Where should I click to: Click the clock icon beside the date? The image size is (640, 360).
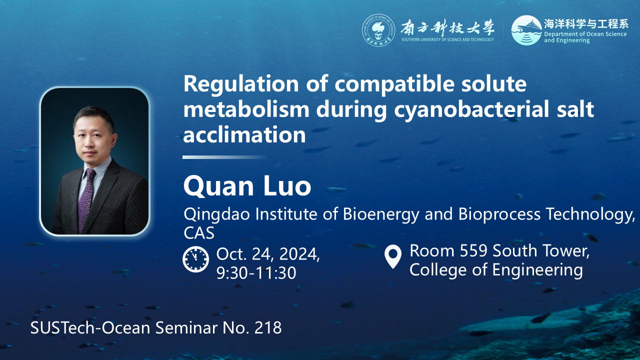[195, 259]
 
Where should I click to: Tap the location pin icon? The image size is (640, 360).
[393, 256]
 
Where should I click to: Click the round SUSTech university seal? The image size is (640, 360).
[378, 30]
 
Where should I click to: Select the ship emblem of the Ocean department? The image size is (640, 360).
[526, 30]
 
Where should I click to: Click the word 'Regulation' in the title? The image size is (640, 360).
[241, 84]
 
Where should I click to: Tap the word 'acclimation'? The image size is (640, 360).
[244, 134]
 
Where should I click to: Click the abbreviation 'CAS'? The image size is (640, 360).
[199, 233]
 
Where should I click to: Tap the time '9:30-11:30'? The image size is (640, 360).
[256, 273]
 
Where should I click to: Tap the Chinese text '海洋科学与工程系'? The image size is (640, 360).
[586, 24]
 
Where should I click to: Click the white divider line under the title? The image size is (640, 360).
[224, 157]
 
